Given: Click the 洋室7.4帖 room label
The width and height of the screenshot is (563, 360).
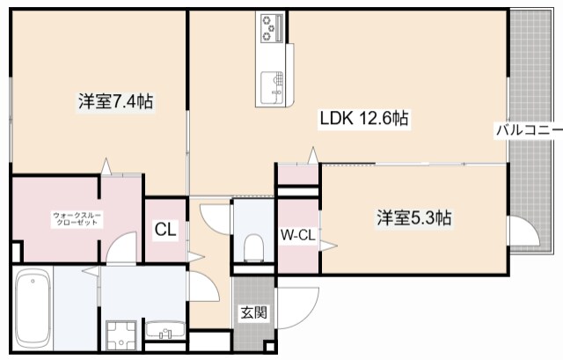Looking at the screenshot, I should (115, 102).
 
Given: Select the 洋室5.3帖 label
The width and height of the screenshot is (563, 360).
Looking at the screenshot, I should (414, 217).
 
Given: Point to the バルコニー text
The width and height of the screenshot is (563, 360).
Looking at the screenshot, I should (528, 130).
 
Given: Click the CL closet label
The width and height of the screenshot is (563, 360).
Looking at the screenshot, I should (165, 231).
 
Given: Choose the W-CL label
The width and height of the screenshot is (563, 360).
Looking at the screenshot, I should (296, 235).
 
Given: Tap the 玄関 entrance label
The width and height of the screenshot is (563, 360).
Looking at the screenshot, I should (253, 312).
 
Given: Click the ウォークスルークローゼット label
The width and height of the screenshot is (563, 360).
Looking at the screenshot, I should (77, 219).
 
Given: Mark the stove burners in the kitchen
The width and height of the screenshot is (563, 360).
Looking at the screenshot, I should (270, 27).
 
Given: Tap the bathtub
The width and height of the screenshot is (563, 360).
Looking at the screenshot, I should (33, 311).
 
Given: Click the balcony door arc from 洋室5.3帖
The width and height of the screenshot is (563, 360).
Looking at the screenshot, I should (523, 234).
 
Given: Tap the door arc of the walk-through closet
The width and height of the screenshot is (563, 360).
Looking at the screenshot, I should (121, 246).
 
